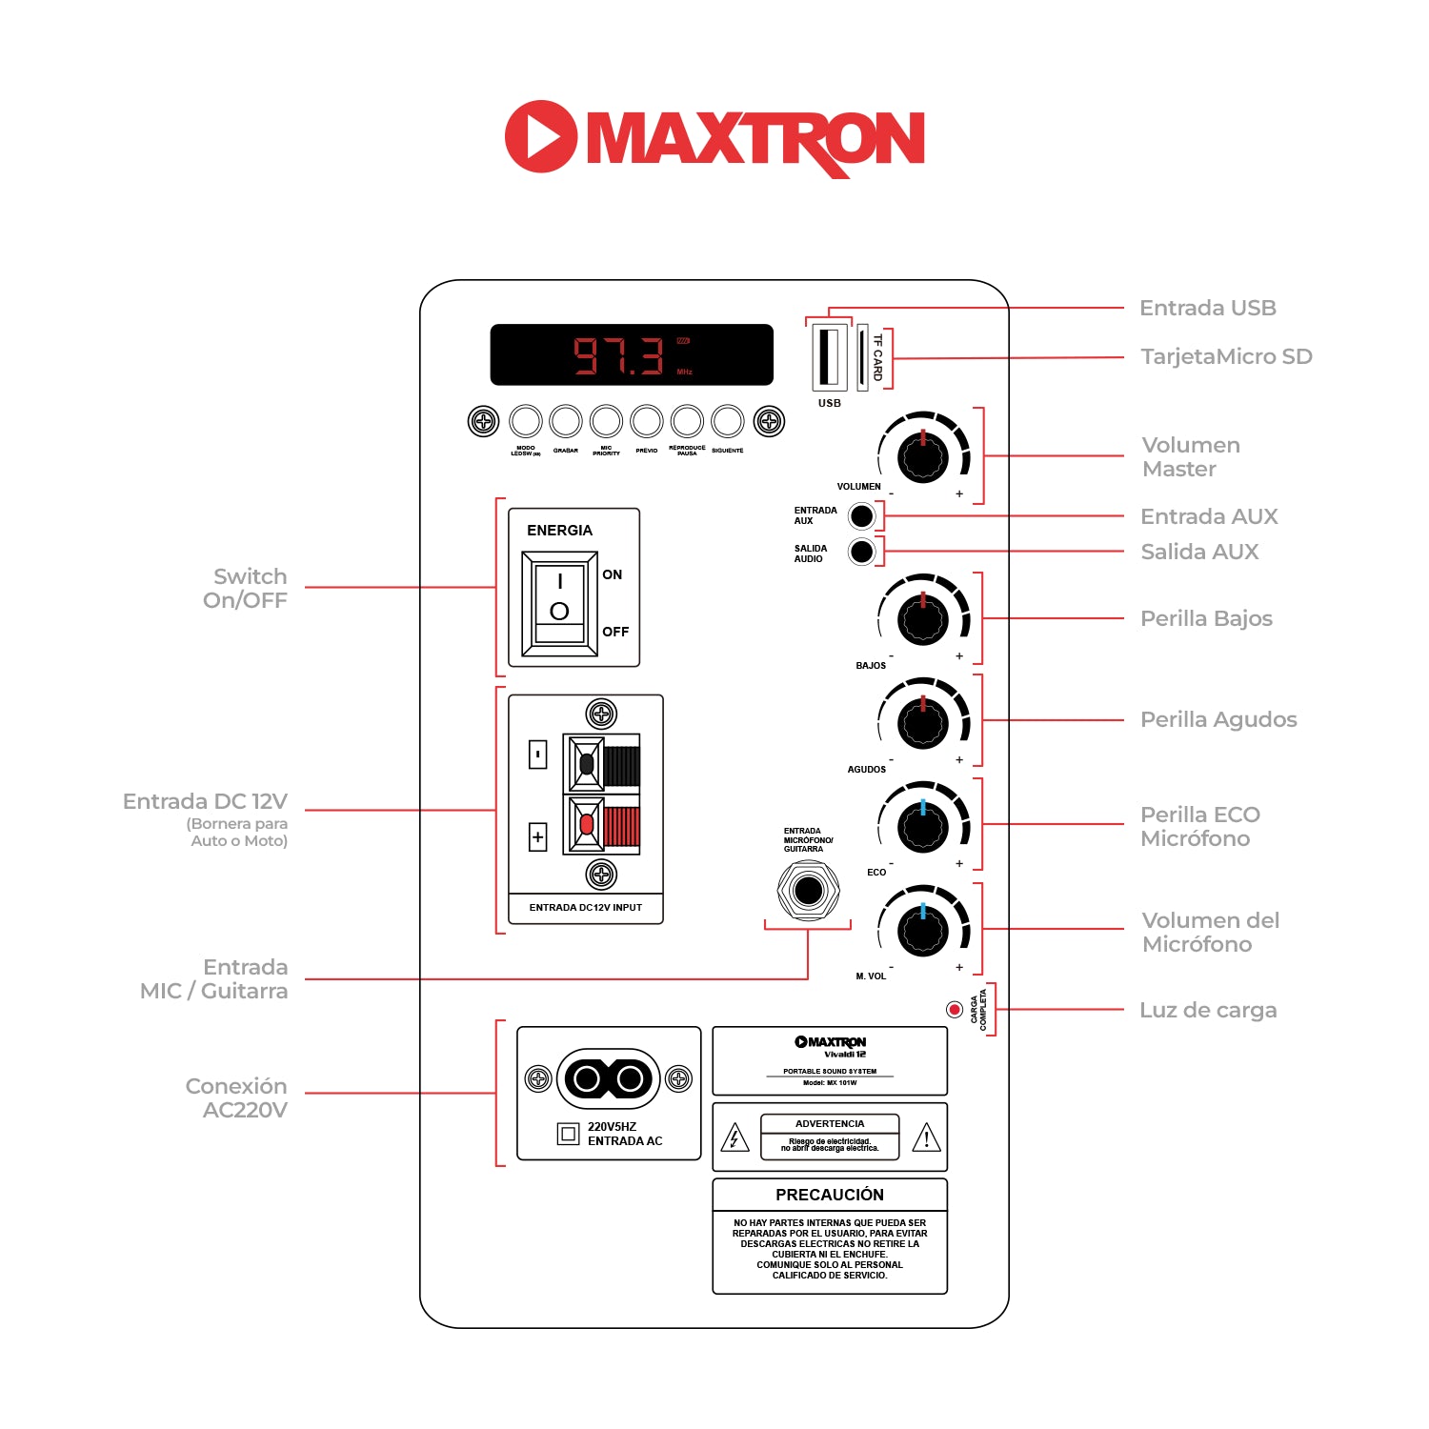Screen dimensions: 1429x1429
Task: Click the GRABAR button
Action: click(x=566, y=420)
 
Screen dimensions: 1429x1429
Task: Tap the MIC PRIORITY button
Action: click(x=606, y=420)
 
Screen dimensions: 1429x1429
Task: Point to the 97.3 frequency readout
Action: click(x=618, y=355)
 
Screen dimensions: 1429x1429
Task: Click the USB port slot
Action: click(x=829, y=356)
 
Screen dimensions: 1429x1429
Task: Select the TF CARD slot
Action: click(x=863, y=356)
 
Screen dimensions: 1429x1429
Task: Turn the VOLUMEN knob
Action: click(x=922, y=456)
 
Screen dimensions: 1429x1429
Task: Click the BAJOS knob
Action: click(x=922, y=619)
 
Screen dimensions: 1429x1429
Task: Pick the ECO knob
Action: click(x=922, y=825)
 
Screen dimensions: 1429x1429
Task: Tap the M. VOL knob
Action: click(x=922, y=929)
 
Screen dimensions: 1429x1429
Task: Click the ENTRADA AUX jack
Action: click(x=861, y=516)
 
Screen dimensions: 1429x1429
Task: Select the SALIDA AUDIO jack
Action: click(x=861, y=552)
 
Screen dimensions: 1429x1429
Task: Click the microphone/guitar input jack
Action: click(x=808, y=891)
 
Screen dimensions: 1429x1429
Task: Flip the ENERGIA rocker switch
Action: click(x=559, y=602)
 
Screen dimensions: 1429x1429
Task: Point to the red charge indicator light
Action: click(x=954, y=1010)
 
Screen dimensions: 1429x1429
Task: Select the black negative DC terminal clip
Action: click(x=588, y=764)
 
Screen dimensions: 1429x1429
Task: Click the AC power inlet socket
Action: click(x=608, y=1078)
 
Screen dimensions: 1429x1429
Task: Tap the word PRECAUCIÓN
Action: click(x=829, y=1195)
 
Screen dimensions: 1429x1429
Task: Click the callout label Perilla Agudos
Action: click(x=1218, y=720)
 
